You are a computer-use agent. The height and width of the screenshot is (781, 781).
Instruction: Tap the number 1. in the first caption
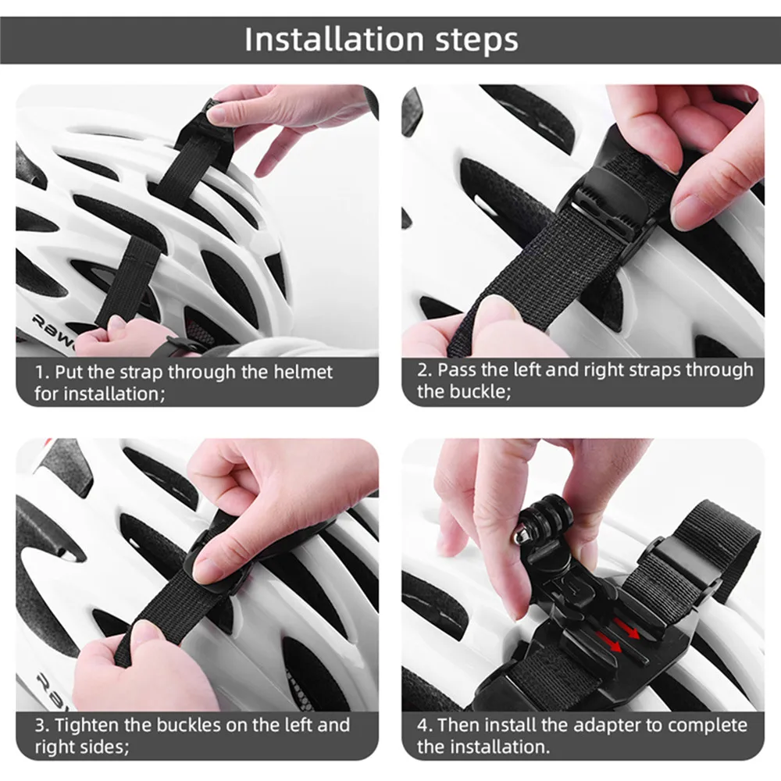pos(42,372)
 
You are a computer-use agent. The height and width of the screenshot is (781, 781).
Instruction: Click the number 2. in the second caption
pos(425,370)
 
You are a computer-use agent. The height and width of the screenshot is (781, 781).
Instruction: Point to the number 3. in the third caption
pos(42,725)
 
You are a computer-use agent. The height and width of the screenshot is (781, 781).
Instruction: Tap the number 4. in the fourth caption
pos(426,725)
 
